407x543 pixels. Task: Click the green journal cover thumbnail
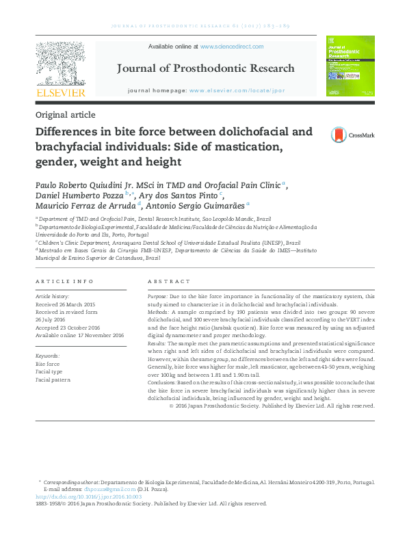pos(350,66)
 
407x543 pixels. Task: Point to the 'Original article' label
pos(65,115)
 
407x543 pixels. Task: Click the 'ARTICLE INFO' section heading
pos(64,282)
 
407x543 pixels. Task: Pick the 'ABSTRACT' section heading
pos(169,282)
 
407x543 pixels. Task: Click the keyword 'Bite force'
pos(48,364)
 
